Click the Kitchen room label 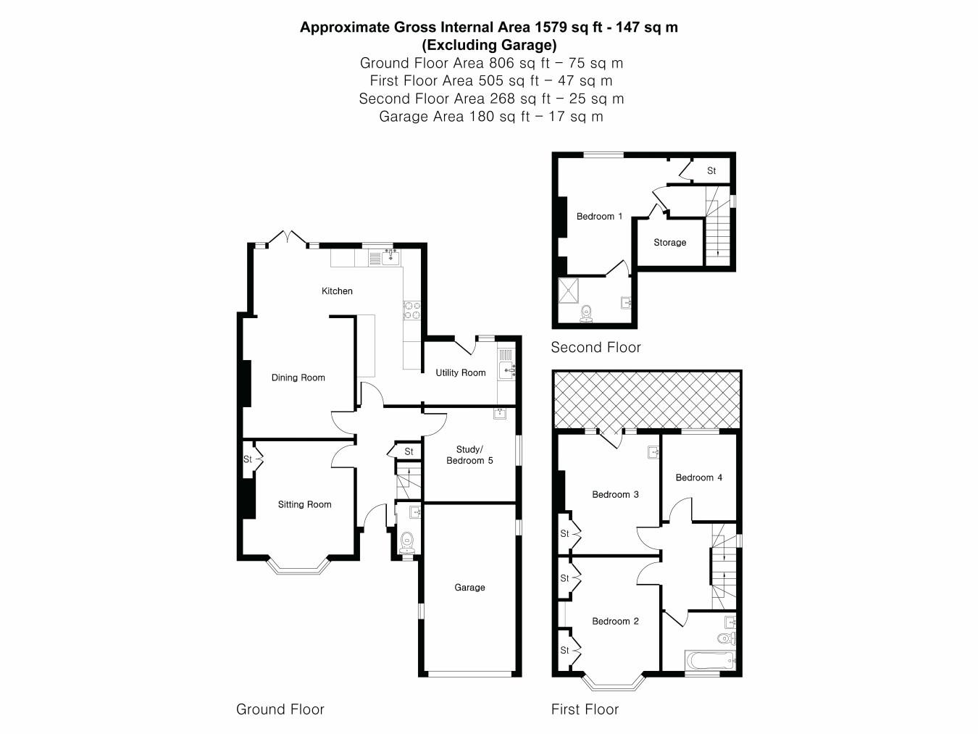point(337,291)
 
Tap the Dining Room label point(298,378)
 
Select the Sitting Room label point(304,504)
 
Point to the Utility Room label point(460,372)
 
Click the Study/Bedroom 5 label point(469,455)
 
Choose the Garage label point(469,588)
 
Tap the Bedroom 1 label point(599,217)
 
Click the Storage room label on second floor point(669,243)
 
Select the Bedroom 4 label point(698,477)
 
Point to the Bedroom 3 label point(615,495)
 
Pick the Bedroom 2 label point(615,621)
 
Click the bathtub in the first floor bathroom point(710,661)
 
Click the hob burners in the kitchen point(411,310)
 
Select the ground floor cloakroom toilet point(407,541)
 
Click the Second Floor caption point(595,347)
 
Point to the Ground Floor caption point(280,709)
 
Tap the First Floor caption point(585,709)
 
